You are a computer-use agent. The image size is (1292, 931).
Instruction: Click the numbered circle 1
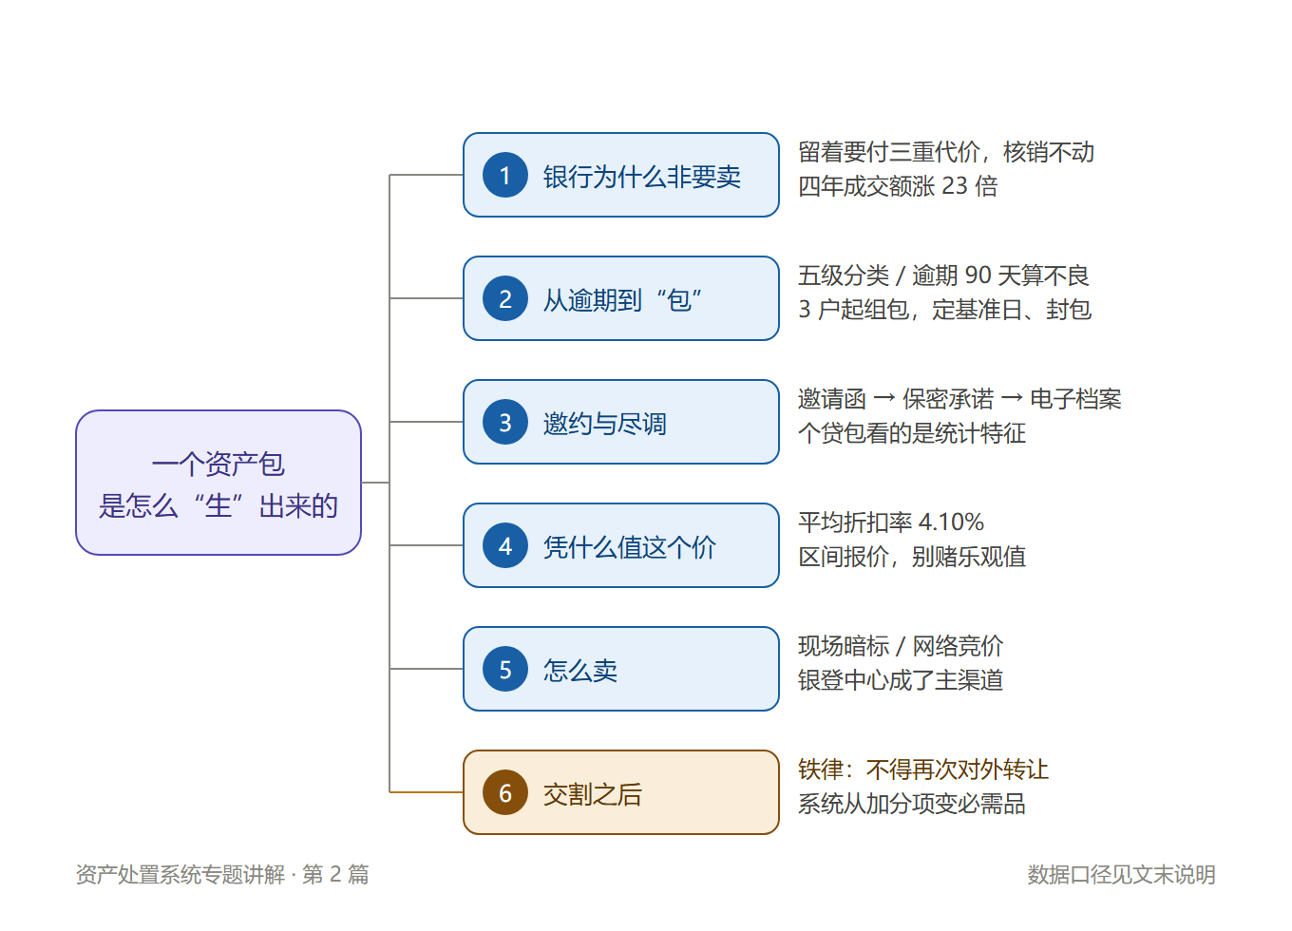click(x=505, y=175)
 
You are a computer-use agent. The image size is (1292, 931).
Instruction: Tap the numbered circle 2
click(x=505, y=298)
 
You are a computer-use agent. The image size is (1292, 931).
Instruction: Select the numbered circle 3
click(x=505, y=422)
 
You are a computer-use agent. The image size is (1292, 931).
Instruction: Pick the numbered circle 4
click(x=505, y=545)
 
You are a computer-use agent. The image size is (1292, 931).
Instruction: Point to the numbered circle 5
click(x=505, y=669)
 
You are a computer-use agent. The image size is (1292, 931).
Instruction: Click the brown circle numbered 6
click(x=505, y=792)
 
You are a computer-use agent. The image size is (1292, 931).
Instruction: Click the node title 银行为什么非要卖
click(x=642, y=177)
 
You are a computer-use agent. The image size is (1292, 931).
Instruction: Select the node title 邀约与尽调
click(x=605, y=424)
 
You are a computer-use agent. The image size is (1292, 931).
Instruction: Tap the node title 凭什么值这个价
click(x=630, y=547)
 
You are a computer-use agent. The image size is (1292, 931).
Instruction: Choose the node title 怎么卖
click(x=580, y=671)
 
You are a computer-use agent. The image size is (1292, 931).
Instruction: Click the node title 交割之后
click(x=593, y=793)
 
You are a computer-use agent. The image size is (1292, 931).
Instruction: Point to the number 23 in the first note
click(x=954, y=186)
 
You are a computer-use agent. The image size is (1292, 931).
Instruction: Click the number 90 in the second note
click(x=978, y=275)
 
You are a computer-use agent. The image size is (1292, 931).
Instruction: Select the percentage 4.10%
click(x=951, y=522)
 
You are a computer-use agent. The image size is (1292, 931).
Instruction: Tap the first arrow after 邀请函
click(x=884, y=398)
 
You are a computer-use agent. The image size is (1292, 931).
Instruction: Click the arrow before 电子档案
click(x=1012, y=398)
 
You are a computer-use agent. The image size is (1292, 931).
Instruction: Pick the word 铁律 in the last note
click(x=821, y=769)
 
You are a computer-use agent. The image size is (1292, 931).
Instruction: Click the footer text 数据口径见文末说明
click(x=1121, y=874)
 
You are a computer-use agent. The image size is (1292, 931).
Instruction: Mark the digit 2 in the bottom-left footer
click(x=335, y=874)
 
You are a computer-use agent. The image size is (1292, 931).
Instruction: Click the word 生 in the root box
click(x=218, y=506)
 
